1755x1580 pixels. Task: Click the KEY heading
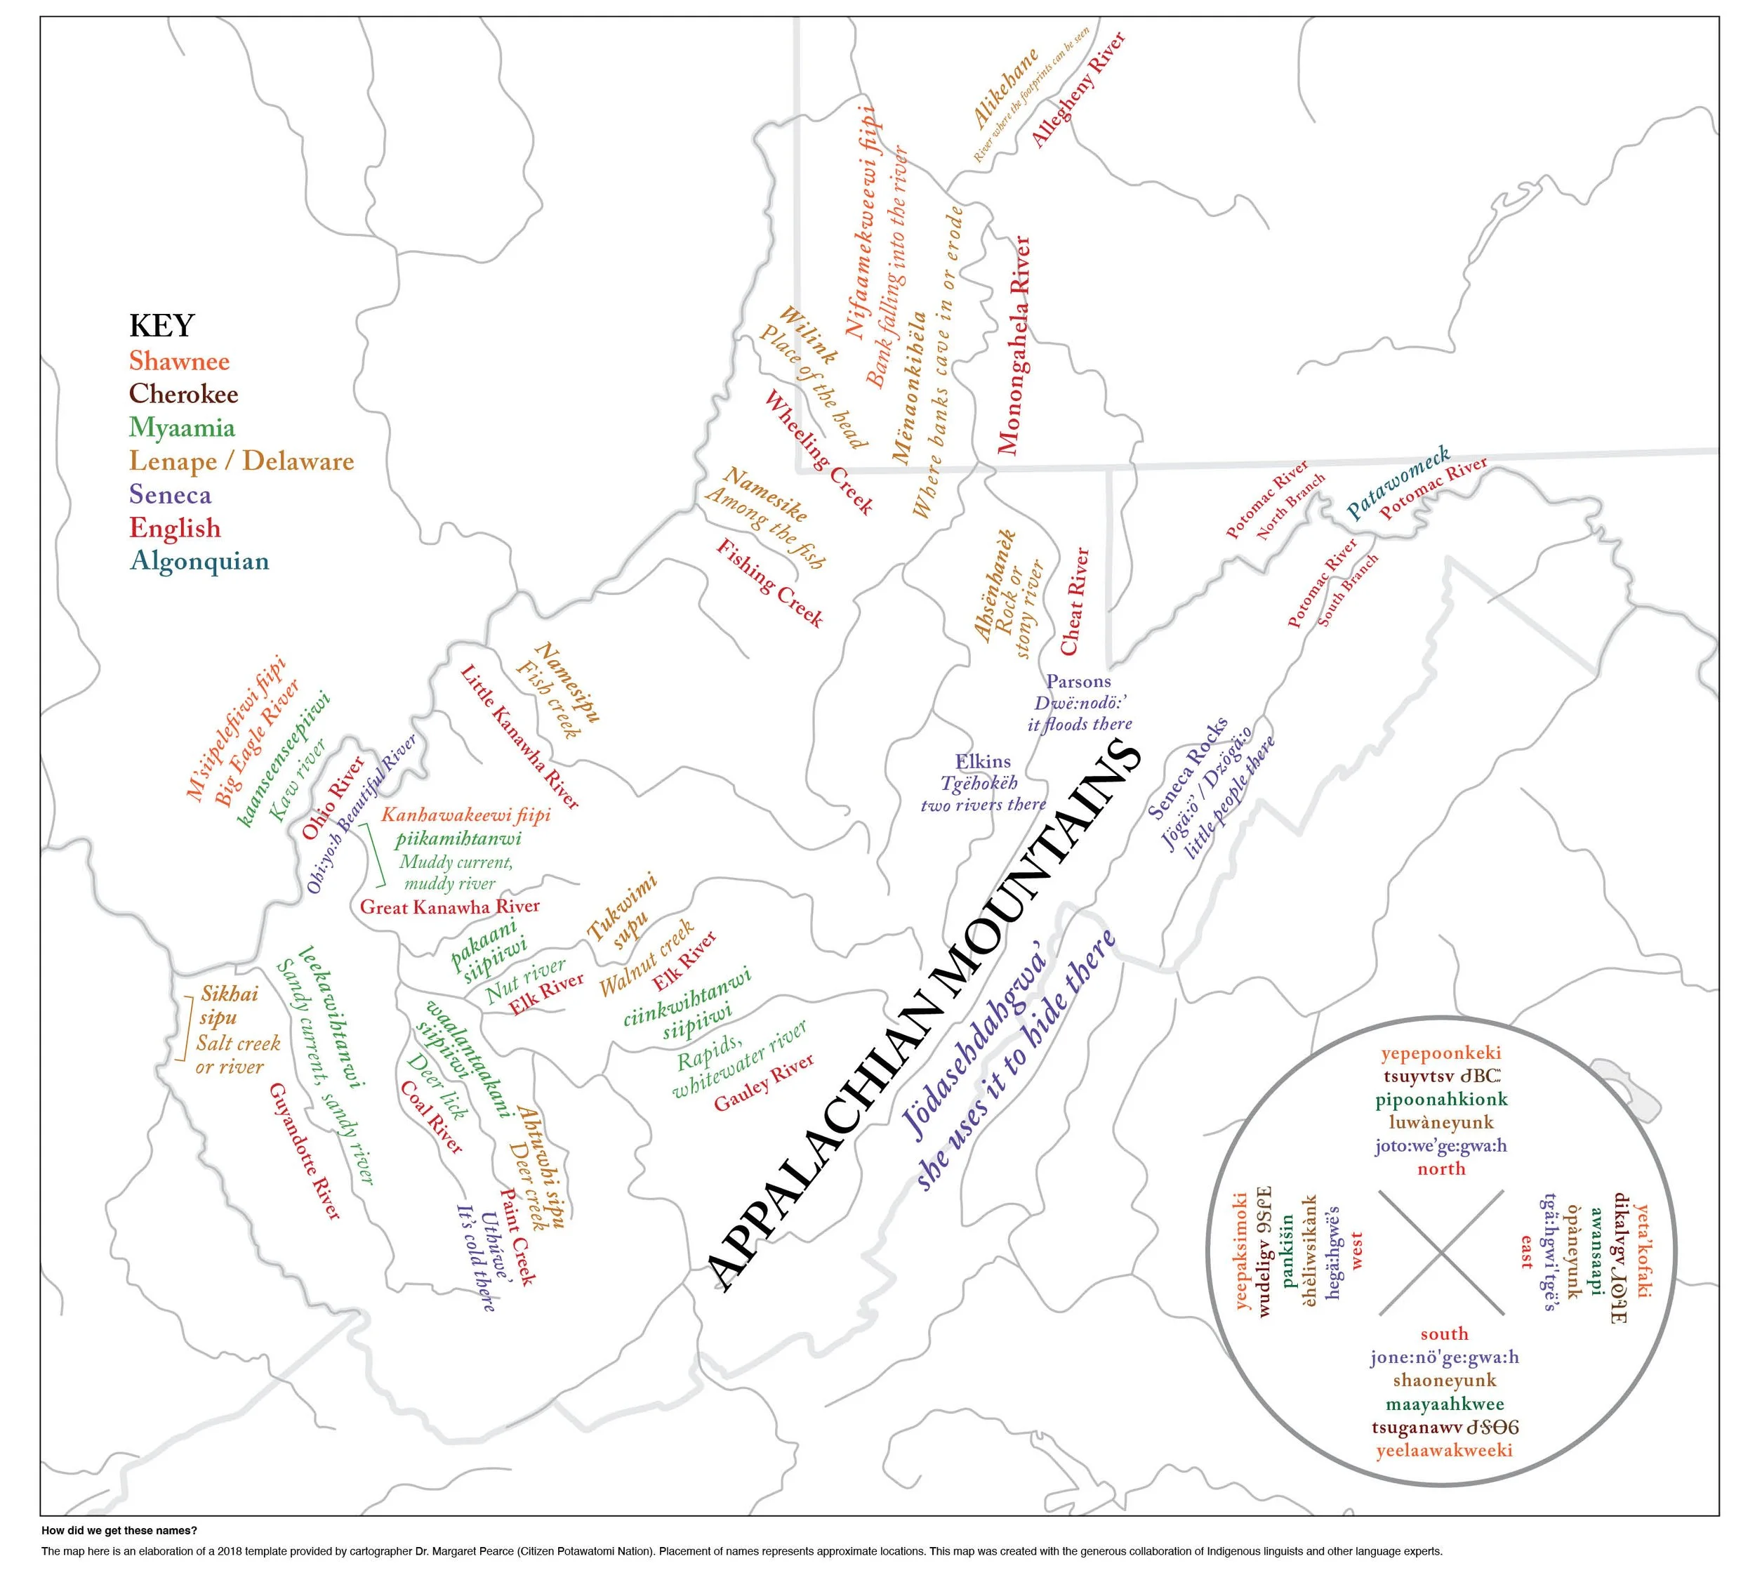click(x=161, y=326)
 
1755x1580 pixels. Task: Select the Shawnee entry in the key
click(x=179, y=360)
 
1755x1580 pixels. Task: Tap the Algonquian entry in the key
click(x=199, y=561)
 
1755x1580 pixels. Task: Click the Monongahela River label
click(x=1013, y=345)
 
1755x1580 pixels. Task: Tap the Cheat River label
click(x=1075, y=600)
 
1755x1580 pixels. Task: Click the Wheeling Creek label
click(x=818, y=452)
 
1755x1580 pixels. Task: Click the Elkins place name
click(x=983, y=761)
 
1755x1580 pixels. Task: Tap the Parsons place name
click(x=1078, y=681)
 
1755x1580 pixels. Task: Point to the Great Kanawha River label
click(x=449, y=907)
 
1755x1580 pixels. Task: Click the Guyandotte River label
click(x=305, y=1150)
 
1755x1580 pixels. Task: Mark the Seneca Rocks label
click(x=1187, y=768)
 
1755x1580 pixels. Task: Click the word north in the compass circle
click(x=1441, y=1168)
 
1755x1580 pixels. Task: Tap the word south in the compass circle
click(x=1444, y=1334)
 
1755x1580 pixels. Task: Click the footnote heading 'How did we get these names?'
click(x=119, y=1531)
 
